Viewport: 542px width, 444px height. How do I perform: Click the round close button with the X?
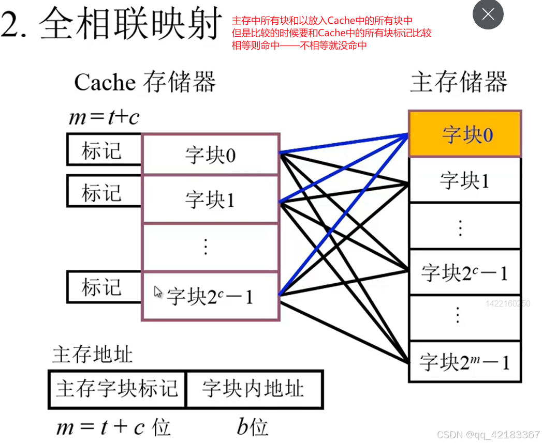[x=488, y=14]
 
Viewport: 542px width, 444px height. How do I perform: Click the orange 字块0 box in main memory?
[x=465, y=134]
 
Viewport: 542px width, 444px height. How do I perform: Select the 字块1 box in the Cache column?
[x=210, y=200]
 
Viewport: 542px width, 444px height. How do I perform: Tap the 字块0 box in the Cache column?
[x=210, y=155]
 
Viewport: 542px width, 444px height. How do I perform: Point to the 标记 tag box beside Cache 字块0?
[x=104, y=150]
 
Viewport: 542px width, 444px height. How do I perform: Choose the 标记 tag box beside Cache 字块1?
[x=104, y=192]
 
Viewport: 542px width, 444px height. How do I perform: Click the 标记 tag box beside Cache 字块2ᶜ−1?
[x=104, y=287]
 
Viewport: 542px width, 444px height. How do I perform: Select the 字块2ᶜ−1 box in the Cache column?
[x=210, y=297]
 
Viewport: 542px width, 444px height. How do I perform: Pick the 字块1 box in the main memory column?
[x=465, y=180]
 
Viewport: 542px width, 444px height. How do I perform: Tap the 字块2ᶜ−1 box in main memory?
[x=465, y=272]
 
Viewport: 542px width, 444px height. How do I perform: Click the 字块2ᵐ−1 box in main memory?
[x=465, y=361]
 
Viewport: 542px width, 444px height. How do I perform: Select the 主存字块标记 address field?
[x=117, y=389]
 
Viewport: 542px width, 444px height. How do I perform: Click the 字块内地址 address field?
[x=254, y=389]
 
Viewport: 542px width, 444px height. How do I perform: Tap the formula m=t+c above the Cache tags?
[x=104, y=118]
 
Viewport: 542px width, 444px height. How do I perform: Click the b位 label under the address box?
[x=253, y=427]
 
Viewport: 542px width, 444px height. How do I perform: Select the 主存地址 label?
[x=92, y=355]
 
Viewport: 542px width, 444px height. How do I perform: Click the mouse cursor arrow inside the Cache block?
[x=158, y=292]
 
